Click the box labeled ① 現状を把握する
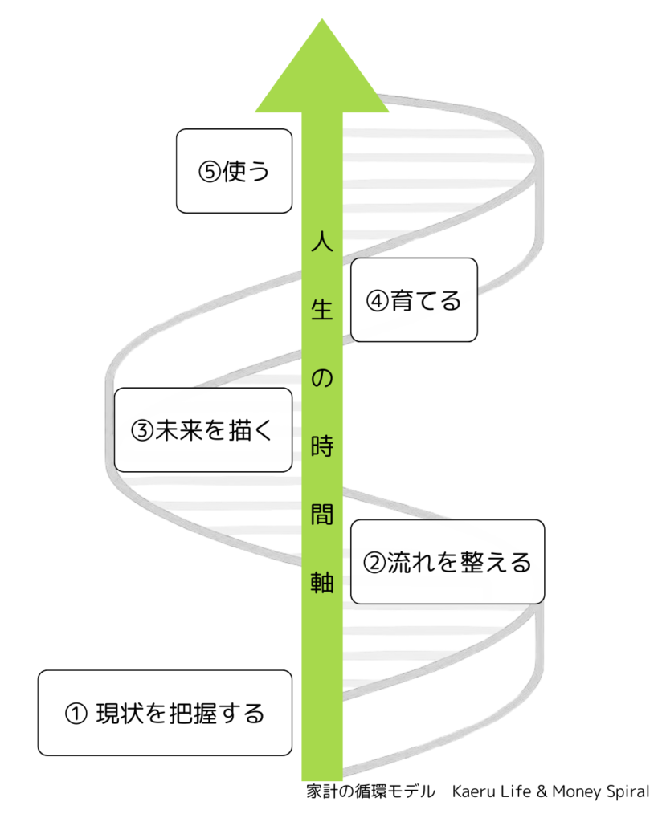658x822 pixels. coord(165,713)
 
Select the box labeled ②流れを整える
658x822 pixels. coord(448,562)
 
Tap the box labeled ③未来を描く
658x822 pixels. coord(202,430)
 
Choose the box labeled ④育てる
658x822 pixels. coord(414,300)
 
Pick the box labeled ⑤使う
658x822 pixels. coord(233,171)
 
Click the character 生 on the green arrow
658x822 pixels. coord(322,309)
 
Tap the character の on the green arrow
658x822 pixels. coord(322,377)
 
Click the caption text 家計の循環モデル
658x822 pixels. coord(370,791)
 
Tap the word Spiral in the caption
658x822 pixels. coord(626,791)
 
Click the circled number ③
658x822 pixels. coord(141,431)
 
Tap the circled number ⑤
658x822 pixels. coord(209,172)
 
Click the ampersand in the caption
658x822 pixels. coord(541,791)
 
